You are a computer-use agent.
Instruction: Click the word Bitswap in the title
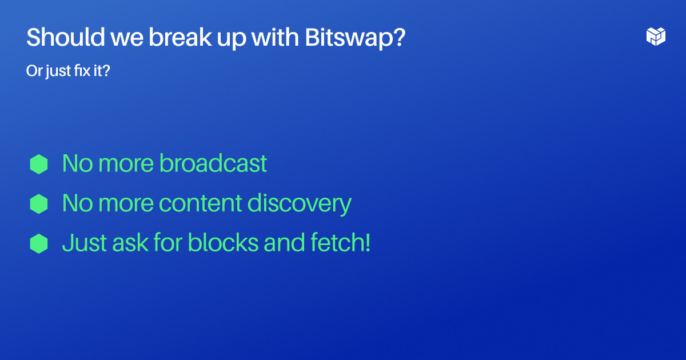click(354, 38)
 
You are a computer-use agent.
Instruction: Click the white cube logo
click(656, 36)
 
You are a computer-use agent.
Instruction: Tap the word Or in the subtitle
click(33, 71)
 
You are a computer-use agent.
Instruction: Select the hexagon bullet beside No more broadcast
click(39, 164)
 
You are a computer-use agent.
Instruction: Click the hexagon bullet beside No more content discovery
click(39, 203)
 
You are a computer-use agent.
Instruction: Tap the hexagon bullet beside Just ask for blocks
click(39, 243)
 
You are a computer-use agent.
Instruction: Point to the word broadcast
click(213, 163)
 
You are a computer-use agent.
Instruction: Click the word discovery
click(300, 203)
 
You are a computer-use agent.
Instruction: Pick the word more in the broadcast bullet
click(125, 164)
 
